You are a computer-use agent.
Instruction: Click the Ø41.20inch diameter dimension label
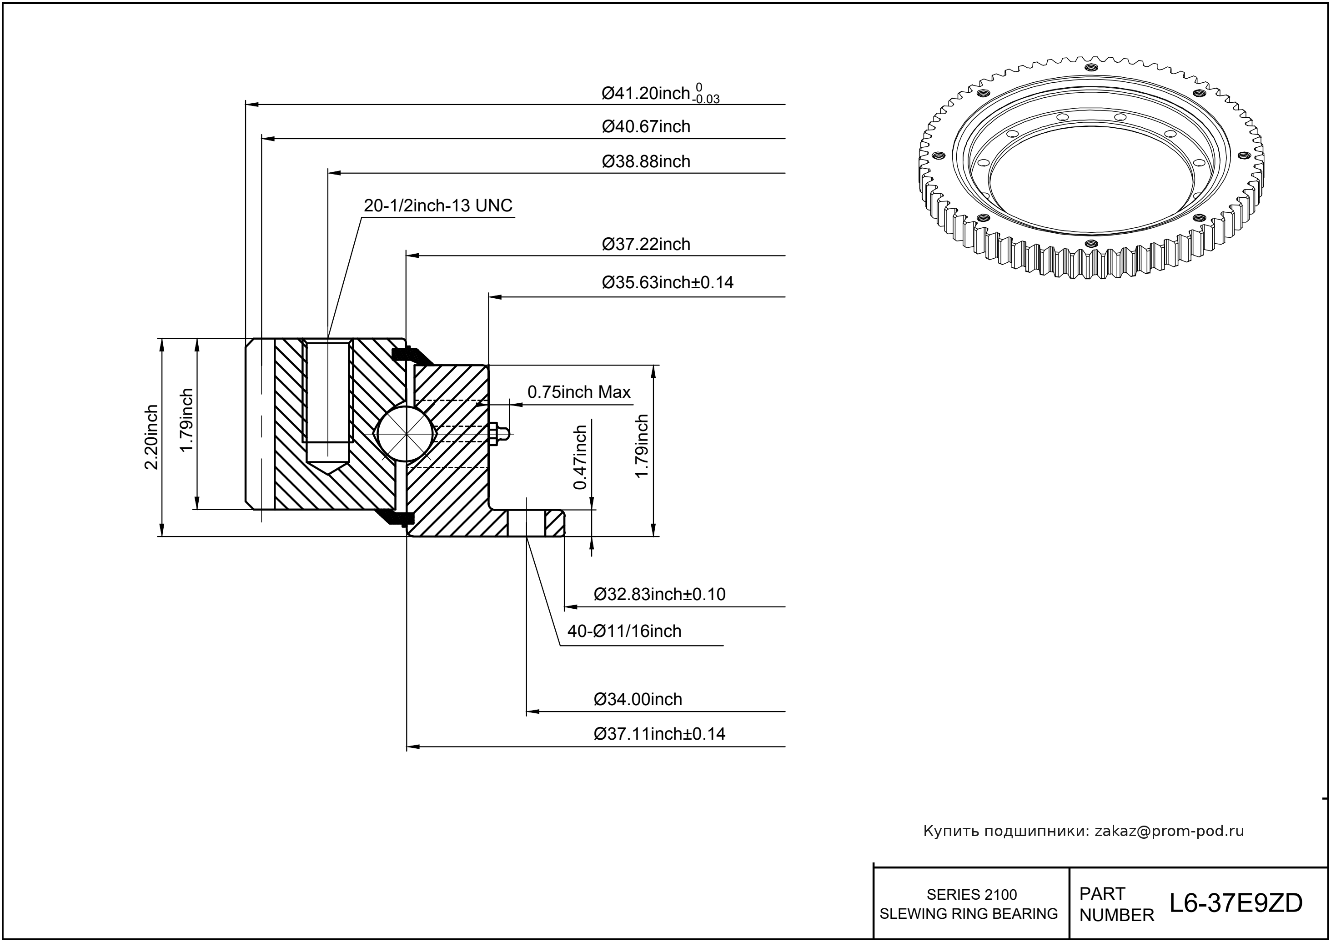coord(645,93)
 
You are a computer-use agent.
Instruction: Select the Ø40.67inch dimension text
coord(646,126)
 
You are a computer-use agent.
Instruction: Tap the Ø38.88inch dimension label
coord(646,161)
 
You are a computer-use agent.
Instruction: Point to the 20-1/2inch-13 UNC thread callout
coord(438,206)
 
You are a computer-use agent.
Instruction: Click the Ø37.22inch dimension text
coord(646,244)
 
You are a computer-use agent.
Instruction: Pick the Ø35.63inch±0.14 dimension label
coord(667,282)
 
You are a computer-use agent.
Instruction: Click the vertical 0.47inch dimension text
coord(580,457)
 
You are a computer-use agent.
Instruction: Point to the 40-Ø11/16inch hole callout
coord(624,631)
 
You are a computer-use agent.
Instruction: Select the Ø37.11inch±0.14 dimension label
coord(659,734)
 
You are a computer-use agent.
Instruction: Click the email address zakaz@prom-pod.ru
coord(1169,831)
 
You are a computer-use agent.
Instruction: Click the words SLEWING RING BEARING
coord(969,913)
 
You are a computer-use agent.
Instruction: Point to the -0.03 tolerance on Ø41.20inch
coord(706,100)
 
